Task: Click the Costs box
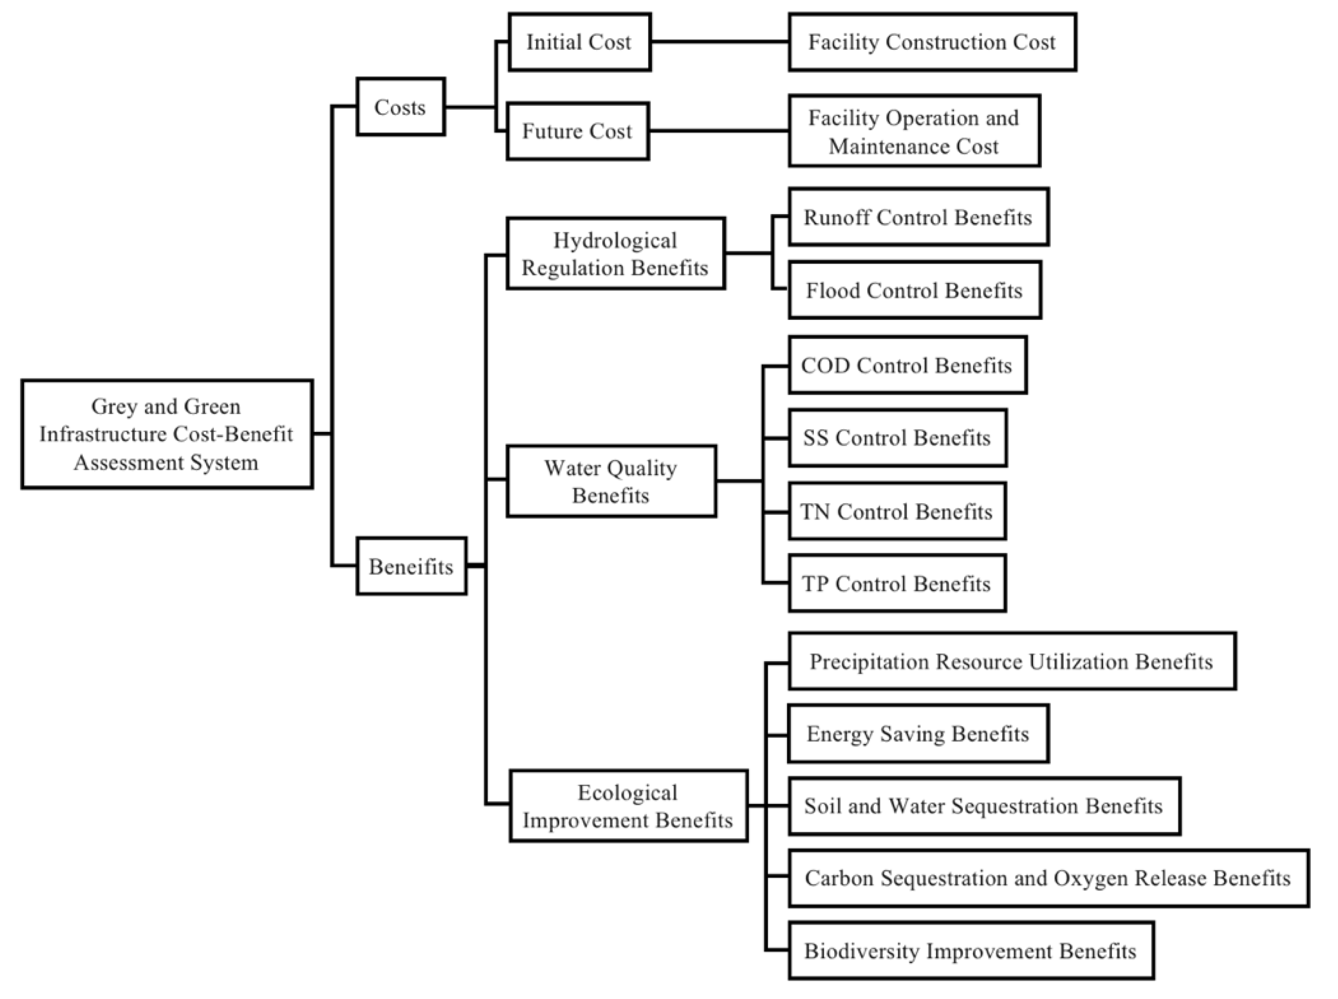point(401,107)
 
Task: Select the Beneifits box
point(411,566)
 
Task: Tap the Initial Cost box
point(580,42)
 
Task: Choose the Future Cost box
point(578,131)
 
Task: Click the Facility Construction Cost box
point(932,42)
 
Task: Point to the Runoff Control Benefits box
point(918,217)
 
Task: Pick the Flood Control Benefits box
point(915,290)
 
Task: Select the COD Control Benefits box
point(907,365)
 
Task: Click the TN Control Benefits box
point(897,511)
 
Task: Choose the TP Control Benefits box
point(897,583)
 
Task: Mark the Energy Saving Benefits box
point(918,734)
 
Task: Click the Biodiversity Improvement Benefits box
point(971,951)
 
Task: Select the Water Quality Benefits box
point(612,481)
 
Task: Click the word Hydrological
point(615,240)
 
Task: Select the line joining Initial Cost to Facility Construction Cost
point(720,42)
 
